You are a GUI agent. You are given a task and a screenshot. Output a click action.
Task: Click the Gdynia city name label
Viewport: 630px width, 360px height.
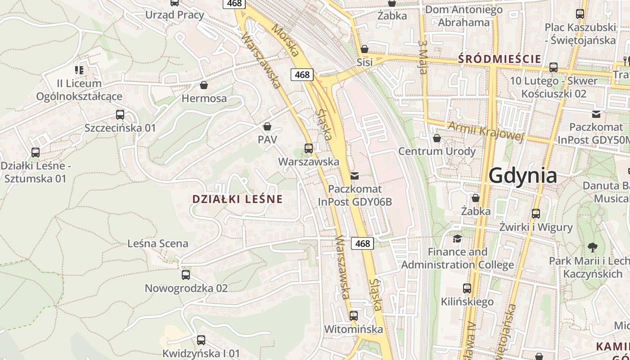(x=522, y=175)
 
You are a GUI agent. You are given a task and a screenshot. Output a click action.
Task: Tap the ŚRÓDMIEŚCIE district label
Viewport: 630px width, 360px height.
(x=499, y=58)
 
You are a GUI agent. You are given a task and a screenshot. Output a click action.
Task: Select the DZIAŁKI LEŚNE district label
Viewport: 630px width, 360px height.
(x=237, y=199)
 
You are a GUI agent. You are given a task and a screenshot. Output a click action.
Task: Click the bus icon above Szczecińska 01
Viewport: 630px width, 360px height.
(x=120, y=115)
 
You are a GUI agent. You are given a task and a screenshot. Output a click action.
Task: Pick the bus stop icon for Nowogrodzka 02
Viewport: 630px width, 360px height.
(x=186, y=275)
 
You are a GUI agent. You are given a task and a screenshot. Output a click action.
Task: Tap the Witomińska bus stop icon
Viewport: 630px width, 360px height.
(x=354, y=316)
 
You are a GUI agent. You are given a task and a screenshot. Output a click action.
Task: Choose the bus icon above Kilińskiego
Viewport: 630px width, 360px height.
(x=467, y=288)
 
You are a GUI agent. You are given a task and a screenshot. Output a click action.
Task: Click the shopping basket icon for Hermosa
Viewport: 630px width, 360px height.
(x=204, y=85)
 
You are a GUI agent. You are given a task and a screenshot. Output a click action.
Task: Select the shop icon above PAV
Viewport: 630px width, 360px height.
(x=267, y=126)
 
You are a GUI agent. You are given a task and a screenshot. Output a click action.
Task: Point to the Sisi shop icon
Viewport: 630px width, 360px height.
(x=364, y=49)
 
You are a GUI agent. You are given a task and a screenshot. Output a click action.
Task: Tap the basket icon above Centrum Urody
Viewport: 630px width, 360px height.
(x=436, y=138)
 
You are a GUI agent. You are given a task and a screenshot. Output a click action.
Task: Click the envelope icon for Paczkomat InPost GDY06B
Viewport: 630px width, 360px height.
(x=355, y=176)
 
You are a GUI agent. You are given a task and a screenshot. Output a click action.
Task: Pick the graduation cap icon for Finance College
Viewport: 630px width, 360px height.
(x=457, y=238)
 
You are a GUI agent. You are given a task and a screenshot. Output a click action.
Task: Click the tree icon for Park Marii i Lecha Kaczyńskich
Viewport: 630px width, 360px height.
(x=592, y=247)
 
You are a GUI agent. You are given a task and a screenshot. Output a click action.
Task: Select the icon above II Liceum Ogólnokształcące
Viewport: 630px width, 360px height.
(x=79, y=70)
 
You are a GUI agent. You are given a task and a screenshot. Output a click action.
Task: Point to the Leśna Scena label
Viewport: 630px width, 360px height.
(x=158, y=243)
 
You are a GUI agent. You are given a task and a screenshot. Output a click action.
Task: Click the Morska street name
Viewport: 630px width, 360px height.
(x=285, y=39)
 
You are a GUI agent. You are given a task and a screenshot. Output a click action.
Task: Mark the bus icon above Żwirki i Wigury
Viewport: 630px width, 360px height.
(x=536, y=214)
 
